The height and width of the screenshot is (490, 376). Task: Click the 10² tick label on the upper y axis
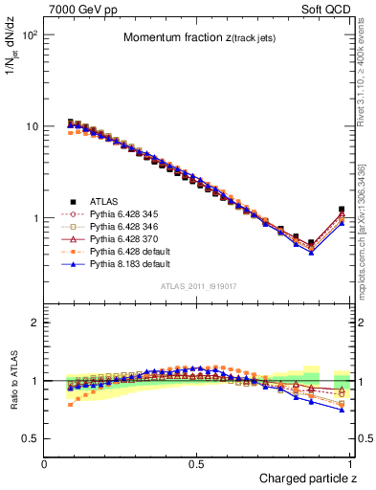(x=30, y=34)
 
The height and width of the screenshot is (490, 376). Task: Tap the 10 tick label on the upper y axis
(x=32, y=126)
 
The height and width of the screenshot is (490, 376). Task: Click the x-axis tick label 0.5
(x=198, y=464)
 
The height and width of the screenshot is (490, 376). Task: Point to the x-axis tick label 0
(x=45, y=464)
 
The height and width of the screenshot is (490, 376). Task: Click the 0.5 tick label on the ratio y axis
(x=32, y=438)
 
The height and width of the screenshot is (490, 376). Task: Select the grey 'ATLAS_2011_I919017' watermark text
(x=198, y=287)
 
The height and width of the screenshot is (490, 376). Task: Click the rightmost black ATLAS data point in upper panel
(x=342, y=210)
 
